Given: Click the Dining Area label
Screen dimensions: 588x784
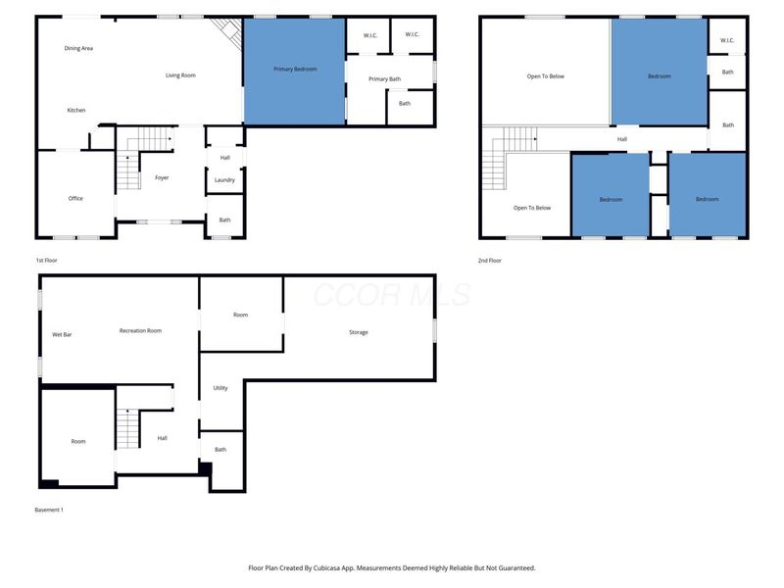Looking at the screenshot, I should (x=78, y=48).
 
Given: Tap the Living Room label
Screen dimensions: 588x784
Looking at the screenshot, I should (x=180, y=75).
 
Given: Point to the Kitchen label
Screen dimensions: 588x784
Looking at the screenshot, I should (x=76, y=110).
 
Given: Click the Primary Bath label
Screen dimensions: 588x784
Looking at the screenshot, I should (x=384, y=78).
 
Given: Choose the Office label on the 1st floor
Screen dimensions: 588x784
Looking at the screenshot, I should (x=75, y=198).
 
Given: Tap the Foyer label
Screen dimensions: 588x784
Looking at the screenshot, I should (x=162, y=177).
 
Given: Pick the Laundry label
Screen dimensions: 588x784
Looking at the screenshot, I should (x=224, y=179).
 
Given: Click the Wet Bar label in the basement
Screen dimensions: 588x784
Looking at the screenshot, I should (x=62, y=335).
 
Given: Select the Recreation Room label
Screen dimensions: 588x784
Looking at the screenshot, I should (x=140, y=330).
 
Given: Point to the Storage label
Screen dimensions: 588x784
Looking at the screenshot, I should (x=359, y=332).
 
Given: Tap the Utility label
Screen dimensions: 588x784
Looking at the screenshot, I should (x=220, y=388).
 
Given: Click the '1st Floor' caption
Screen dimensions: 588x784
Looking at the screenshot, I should (x=46, y=261).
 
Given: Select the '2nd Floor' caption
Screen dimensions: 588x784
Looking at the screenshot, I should (x=490, y=261).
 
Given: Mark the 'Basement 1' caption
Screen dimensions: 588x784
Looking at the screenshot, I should (x=48, y=510).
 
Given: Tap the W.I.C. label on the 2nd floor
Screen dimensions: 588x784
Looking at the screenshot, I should (x=727, y=40).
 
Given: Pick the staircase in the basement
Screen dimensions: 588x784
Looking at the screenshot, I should (x=126, y=429).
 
